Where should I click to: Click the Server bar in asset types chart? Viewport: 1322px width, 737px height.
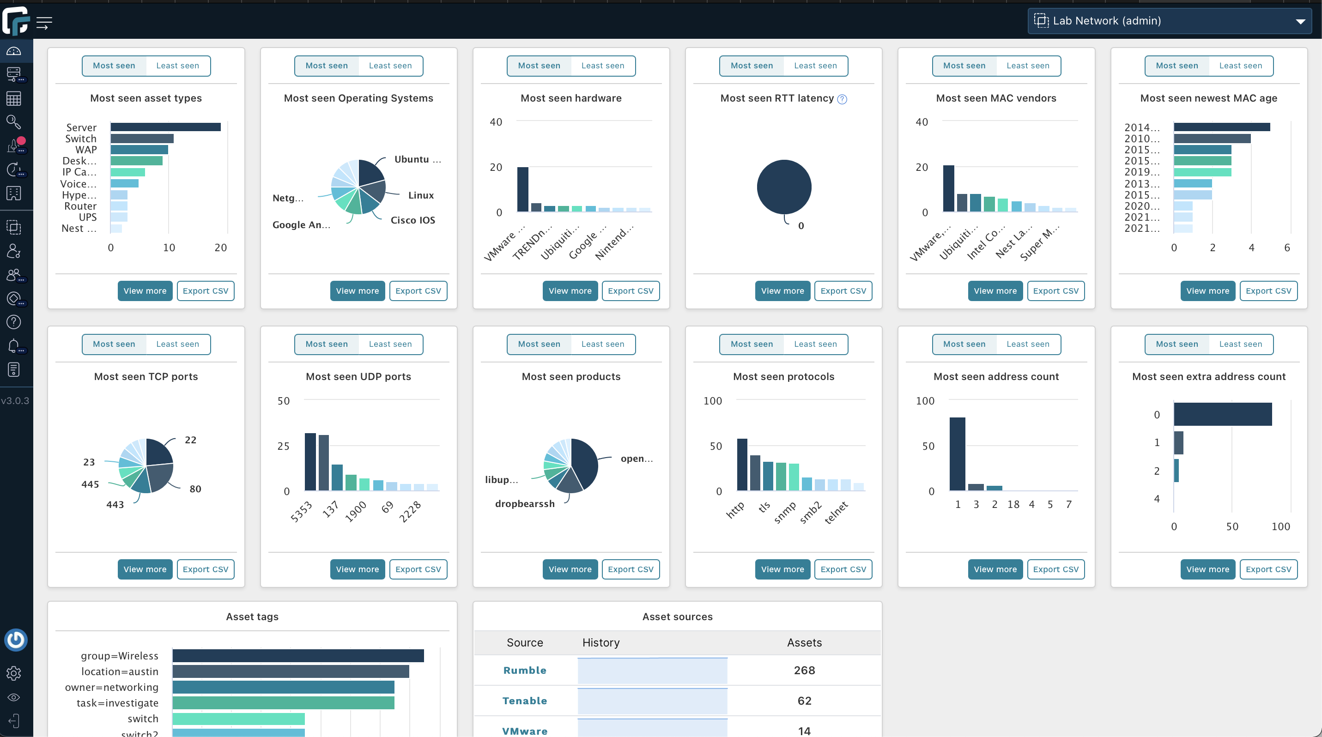pyautogui.click(x=165, y=127)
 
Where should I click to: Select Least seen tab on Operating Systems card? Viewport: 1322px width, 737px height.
pyautogui.click(x=390, y=66)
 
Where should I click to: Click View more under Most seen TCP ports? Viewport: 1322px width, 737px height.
pyautogui.click(x=145, y=569)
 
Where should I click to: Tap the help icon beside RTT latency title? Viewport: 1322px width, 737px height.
pyautogui.click(x=842, y=99)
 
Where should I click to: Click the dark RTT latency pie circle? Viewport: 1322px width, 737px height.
pyautogui.click(x=784, y=187)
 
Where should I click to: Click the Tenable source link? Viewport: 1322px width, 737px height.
pyautogui.click(x=524, y=701)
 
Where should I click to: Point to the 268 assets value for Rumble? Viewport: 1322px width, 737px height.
pyautogui.click(x=804, y=671)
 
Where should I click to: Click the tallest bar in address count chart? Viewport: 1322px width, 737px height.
pyautogui.click(x=957, y=454)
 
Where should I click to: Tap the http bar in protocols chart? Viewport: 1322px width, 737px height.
pyautogui.click(x=742, y=465)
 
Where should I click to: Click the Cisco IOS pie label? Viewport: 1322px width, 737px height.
pyautogui.click(x=412, y=220)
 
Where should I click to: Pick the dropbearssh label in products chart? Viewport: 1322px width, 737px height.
pyautogui.click(x=524, y=504)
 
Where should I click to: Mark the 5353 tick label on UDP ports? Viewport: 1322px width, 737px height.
pyautogui.click(x=301, y=512)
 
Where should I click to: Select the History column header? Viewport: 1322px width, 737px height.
pyautogui.click(x=601, y=643)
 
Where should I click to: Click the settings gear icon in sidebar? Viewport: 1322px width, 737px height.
pyautogui.click(x=14, y=673)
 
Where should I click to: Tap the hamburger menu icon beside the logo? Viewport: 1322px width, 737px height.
pyautogui.click(x=44, y=23)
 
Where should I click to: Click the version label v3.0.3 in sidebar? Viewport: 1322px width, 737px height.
pyautogui.click(x=15, y=400)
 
